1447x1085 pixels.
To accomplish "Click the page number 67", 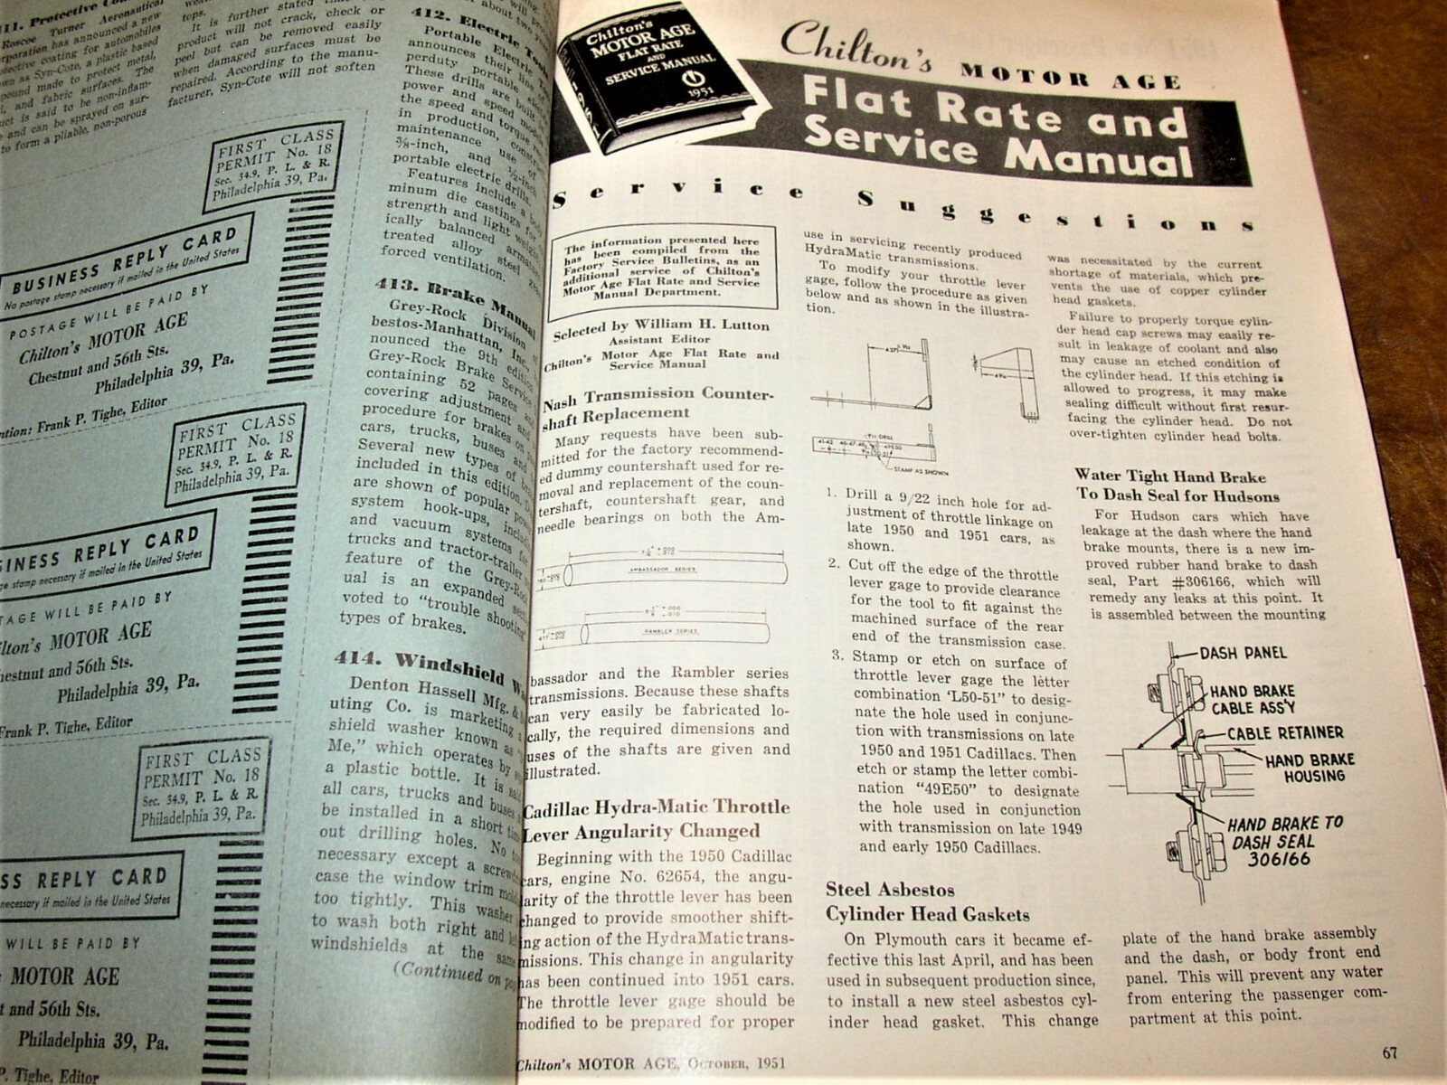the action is pyautogui.click(x=1391, y=1052).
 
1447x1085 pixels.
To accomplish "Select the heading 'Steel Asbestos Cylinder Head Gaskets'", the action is pyautogui.click(x=927, y=901).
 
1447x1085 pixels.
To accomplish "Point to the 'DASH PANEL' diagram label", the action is pyautogui.click(x=1242, y=653).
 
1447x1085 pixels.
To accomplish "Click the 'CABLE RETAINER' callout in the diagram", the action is pyautogui.click(x=1285, y=732).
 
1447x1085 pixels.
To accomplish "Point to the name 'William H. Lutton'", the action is pyautogui.click(x=705, y=325).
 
